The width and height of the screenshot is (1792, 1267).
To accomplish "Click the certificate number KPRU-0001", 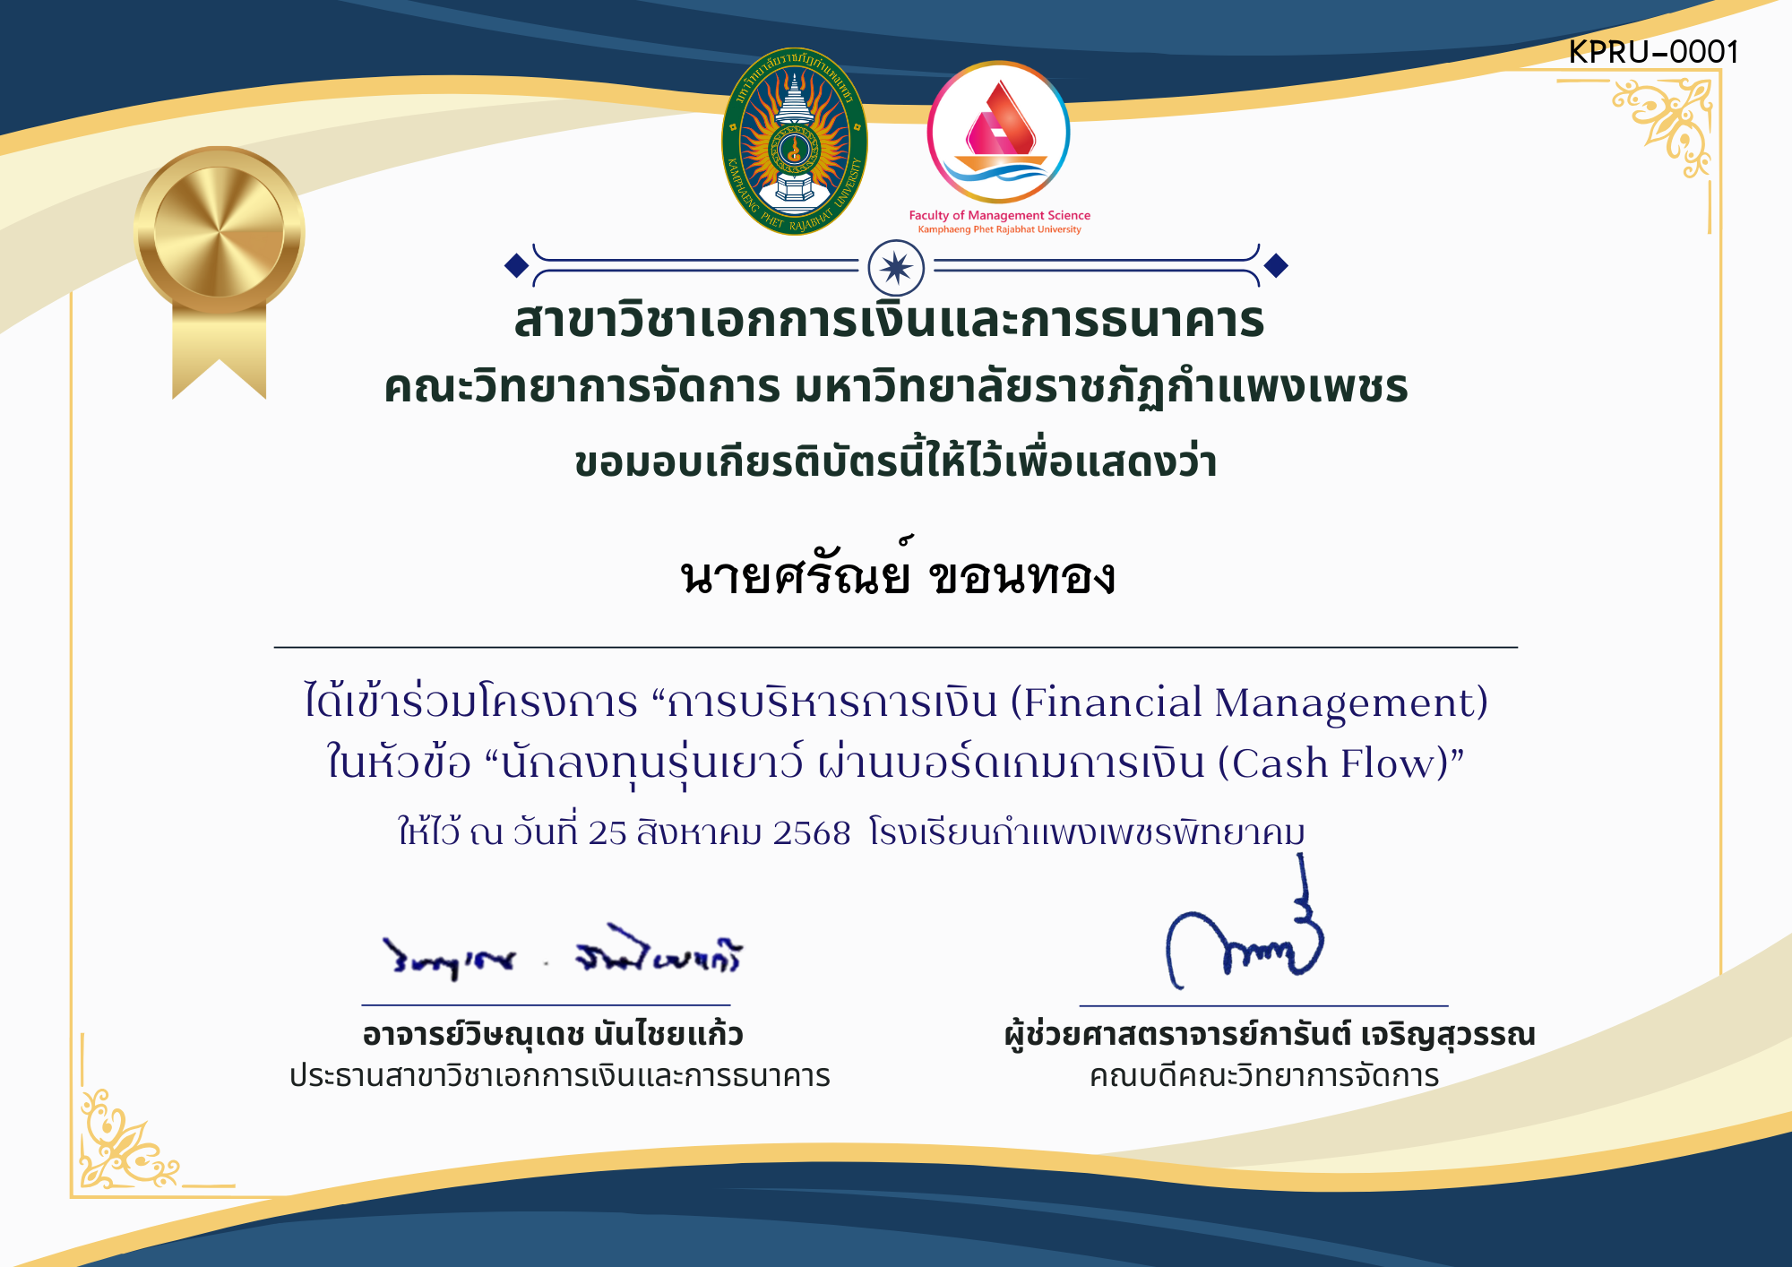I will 1653,52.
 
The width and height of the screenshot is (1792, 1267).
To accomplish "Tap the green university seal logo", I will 794,142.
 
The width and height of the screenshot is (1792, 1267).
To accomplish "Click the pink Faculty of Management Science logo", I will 998,132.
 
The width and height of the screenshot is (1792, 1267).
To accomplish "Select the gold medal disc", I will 219,230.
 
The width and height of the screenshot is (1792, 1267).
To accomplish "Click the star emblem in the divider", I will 896,267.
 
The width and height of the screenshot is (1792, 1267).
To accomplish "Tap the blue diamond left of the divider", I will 516,265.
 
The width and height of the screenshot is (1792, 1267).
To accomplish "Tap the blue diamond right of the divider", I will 1276,265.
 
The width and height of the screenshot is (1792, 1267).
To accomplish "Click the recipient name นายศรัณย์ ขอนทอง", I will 897,575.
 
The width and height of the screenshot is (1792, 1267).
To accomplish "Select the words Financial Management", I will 1249,702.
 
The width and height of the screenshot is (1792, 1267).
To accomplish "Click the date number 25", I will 607,833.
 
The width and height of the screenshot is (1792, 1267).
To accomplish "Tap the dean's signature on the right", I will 1245,941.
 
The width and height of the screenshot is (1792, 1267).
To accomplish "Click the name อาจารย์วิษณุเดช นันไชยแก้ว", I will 553,1035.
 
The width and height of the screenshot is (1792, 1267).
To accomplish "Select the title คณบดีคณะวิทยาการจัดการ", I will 1263,1075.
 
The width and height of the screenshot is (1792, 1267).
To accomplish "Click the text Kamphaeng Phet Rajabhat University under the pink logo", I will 999,230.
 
